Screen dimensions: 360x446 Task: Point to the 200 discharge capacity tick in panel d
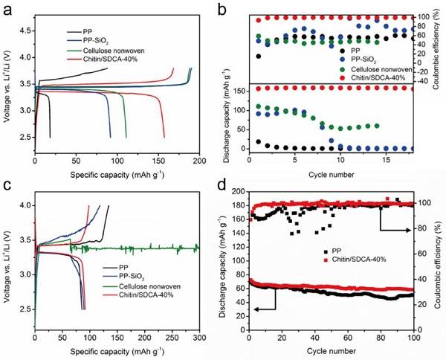tap(236, 191)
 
